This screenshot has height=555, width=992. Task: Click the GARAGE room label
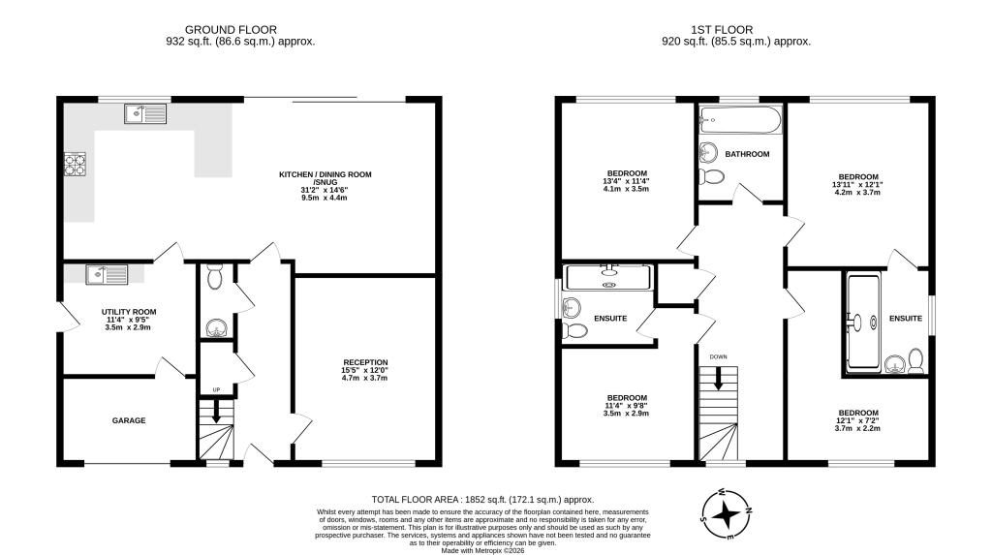click(x=129, y=420)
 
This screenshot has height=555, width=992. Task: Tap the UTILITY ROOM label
click(x=129, y=312)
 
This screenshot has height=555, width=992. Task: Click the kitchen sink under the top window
click(x=145, y=114)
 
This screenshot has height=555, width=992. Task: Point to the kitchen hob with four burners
click(x=75, y=165)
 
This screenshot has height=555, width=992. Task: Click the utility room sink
click(x=107, y=274)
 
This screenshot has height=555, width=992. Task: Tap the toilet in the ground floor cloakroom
click(x=215, y=277)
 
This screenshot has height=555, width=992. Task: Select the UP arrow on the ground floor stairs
click(x=216, y=412)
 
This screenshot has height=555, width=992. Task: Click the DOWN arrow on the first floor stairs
click(x=718, y=379)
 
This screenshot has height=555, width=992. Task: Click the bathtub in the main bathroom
click(x=741, y=119)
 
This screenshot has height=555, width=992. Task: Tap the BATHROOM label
click(x=747, y=154)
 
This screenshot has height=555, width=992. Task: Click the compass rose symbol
click(x=727, y=514)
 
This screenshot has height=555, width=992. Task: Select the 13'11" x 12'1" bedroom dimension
click(x=857, y=185)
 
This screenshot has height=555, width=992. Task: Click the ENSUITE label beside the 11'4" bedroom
click(x=610, y=319)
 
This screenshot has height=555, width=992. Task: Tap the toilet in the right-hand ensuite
click(x=915, y=359)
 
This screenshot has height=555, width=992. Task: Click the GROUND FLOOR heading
click(x=231, y=30)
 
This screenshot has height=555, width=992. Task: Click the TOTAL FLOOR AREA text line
click(x=482, y=500)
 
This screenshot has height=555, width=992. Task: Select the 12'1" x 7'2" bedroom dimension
click(x=857, y=420)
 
